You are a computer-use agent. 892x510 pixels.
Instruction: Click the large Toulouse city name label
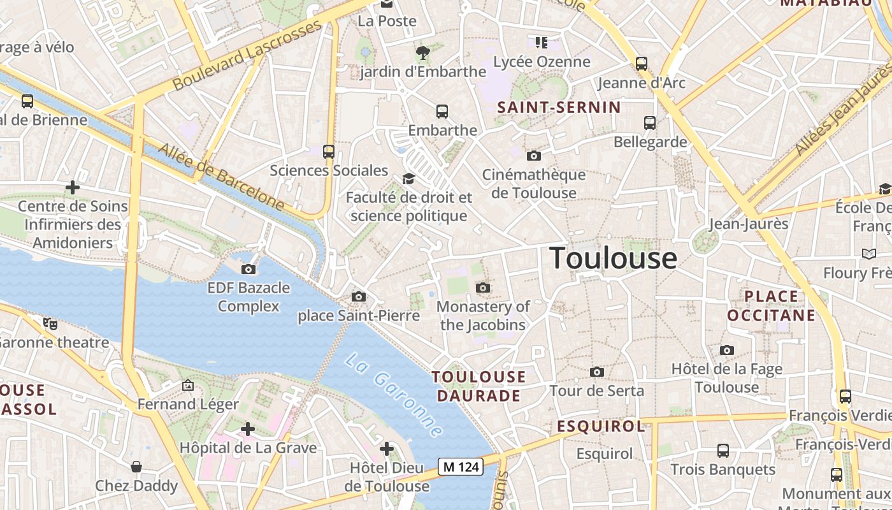pyautogui.click(x=613, y=258)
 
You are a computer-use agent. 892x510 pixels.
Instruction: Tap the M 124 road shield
pyautogui.click(x=461, y=467)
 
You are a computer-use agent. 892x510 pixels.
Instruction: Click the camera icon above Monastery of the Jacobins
pyautogui.click(x=483, y=288)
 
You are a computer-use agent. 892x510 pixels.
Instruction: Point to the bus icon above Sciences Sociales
pyautogui.click(x=329, y=152)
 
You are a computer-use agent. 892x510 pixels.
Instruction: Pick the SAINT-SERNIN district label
pyautogui.click(x=559, y=107)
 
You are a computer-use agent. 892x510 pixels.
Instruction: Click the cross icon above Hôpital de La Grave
pyautogui.click(x=248, y=429)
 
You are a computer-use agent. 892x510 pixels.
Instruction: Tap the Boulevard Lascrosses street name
pyautogui.click(x=247, y=55)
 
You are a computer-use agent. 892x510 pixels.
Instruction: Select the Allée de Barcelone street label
pyautogui.click(x=220, y=177)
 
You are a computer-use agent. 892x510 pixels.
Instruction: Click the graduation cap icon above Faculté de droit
pyautogui.click(x=408, y=178)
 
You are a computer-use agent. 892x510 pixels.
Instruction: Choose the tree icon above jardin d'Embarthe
pyautogui.click(x=422, y=52)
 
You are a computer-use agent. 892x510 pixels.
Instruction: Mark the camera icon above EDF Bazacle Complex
pyautogui.click(x=248, y=269)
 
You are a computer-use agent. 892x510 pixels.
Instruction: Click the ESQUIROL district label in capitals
pyautogui.click(x=601, y=426)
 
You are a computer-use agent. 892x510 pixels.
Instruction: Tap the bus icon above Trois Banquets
pyautogui.click(x=723, y=451)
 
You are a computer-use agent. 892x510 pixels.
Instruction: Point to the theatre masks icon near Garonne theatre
pyautogui.click(x=50, y=323)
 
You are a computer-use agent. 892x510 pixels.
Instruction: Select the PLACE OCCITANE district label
pyautogui.click(x=771, y=306)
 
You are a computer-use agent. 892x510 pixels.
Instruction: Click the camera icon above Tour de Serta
pyautogui.click(x=597, y=372)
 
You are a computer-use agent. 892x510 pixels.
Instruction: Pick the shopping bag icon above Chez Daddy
pyautogui.click(x=136, y=467)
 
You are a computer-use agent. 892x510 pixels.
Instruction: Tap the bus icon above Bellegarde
pyautogui.click(x=650, y=122)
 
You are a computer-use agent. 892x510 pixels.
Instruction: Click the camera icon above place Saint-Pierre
pyautogui.click(x=359, y=296)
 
